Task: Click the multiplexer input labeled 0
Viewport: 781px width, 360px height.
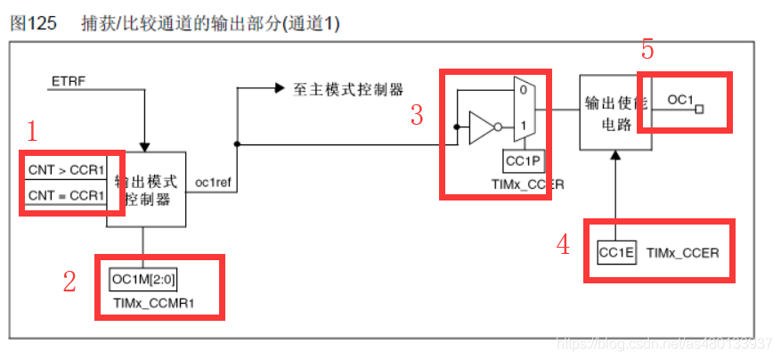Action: click(x=523, y=91)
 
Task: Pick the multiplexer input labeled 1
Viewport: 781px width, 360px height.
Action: click(x=523, y=126)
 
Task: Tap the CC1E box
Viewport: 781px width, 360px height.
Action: click(x=616, y=253)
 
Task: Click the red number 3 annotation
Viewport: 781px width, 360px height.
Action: click(x=417, y=115)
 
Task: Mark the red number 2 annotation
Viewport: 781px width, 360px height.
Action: click(x=69, y=282)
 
